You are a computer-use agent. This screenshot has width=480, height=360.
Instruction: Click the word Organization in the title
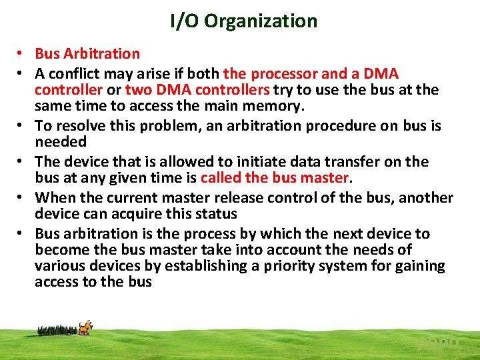click(x=261, y=21)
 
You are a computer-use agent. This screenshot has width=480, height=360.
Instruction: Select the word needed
click(x=61, y=141)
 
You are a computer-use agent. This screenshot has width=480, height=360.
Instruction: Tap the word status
click(x=217, y=213)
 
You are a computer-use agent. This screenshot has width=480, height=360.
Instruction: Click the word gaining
click(x=419, y=265)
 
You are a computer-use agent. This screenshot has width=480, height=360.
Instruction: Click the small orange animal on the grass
click(x=85, y=327)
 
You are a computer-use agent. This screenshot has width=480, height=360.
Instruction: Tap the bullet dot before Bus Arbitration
click(x=22, y=54)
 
